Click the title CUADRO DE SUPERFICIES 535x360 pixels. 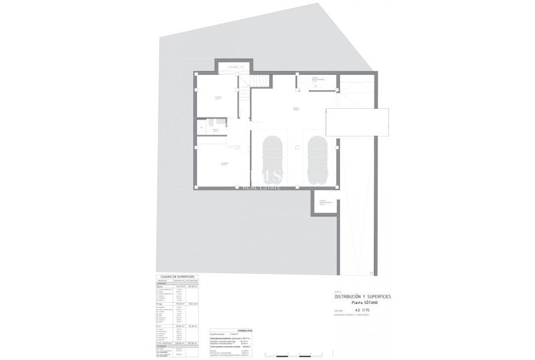click(177, 276)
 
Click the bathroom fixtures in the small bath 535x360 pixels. click(211, 122)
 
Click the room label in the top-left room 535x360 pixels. click(217, 97)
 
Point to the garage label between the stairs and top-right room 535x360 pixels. click(296, 109)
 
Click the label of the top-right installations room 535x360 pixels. click(318, 79)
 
